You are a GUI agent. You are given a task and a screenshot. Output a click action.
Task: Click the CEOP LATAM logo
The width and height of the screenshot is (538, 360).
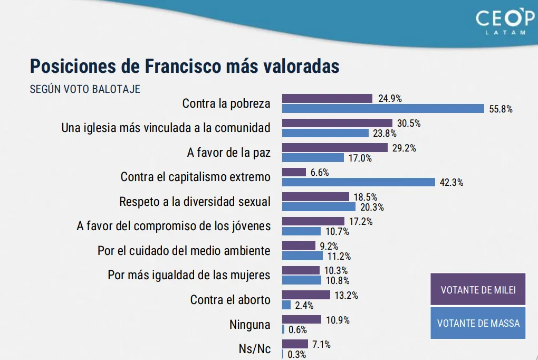(505, 22)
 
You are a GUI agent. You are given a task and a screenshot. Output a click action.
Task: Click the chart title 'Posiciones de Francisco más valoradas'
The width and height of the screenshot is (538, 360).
(185, 67)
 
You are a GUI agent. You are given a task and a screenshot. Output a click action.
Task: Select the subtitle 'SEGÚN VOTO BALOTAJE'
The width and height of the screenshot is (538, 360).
(85, 89)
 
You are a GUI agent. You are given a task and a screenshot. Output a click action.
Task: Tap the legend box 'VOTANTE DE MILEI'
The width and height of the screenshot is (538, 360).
(478, 289)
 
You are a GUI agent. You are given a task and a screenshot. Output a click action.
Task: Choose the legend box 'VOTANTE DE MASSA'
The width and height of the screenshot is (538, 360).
(478, 323)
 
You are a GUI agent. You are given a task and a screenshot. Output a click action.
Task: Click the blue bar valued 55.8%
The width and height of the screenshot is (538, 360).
(383, 109)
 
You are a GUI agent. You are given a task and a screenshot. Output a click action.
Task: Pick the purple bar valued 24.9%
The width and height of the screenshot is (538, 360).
(328, 98)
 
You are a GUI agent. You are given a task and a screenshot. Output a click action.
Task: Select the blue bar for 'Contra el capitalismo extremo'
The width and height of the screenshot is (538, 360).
(359, 182)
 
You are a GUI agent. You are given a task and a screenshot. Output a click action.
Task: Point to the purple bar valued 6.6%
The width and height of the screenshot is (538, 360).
(294, 172)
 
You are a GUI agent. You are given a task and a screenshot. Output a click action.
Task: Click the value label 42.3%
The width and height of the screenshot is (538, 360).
(451, 183)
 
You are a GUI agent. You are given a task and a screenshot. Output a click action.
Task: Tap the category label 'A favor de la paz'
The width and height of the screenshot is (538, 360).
(228, 153)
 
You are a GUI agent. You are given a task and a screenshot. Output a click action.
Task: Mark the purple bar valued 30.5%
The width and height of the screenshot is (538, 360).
(337, 122)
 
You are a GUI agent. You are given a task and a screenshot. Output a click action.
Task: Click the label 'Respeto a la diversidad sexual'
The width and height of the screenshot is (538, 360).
(195, 202)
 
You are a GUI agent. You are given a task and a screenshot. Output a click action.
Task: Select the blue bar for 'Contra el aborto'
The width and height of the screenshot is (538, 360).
(286, 305)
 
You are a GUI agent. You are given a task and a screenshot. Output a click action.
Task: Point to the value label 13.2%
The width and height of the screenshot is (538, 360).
(346, 295)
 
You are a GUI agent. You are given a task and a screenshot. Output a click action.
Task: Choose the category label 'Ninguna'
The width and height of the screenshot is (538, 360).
(249, 324)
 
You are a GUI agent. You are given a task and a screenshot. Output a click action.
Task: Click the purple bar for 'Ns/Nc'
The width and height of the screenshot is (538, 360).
(295, 344)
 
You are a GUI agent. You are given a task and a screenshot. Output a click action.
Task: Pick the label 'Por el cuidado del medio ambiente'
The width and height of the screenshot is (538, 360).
(184, 251)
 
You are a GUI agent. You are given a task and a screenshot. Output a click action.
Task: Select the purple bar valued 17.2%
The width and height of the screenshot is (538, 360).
(314, 221)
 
